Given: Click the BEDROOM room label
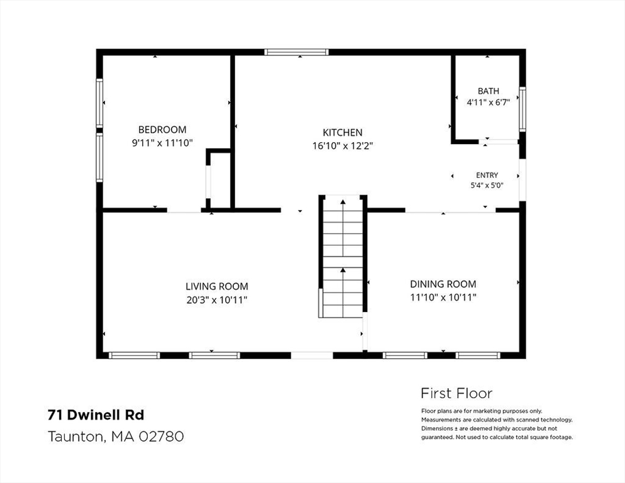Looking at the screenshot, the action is click(162, 130).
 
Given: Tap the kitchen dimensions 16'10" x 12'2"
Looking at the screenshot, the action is click(343, 145).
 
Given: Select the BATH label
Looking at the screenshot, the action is click(489, 91).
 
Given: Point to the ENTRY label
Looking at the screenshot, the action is click(487, 175).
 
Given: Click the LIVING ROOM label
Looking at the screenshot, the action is click(217, 286).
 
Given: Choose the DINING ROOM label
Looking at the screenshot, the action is click(443, 284).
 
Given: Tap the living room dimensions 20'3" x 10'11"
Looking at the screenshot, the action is click(217, 299).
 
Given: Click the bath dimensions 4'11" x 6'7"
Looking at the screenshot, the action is click(489, 103).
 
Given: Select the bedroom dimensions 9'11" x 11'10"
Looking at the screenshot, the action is click(162, 142).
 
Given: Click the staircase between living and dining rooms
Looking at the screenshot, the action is click(343, 257).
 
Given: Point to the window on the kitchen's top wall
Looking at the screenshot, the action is click(297, 52).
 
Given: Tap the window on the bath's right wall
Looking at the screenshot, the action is click(522, 109).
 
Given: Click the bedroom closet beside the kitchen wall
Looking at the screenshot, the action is click(218, 179).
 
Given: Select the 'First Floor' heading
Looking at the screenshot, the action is click(456, 393).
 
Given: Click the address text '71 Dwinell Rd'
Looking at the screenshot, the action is click(96, 415).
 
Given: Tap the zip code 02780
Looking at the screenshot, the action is click(161, 436).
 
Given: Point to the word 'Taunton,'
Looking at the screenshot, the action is click(77, 436).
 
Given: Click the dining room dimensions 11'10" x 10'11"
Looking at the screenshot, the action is click(443, 297).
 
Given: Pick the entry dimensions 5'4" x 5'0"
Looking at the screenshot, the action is click(487, 185).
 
